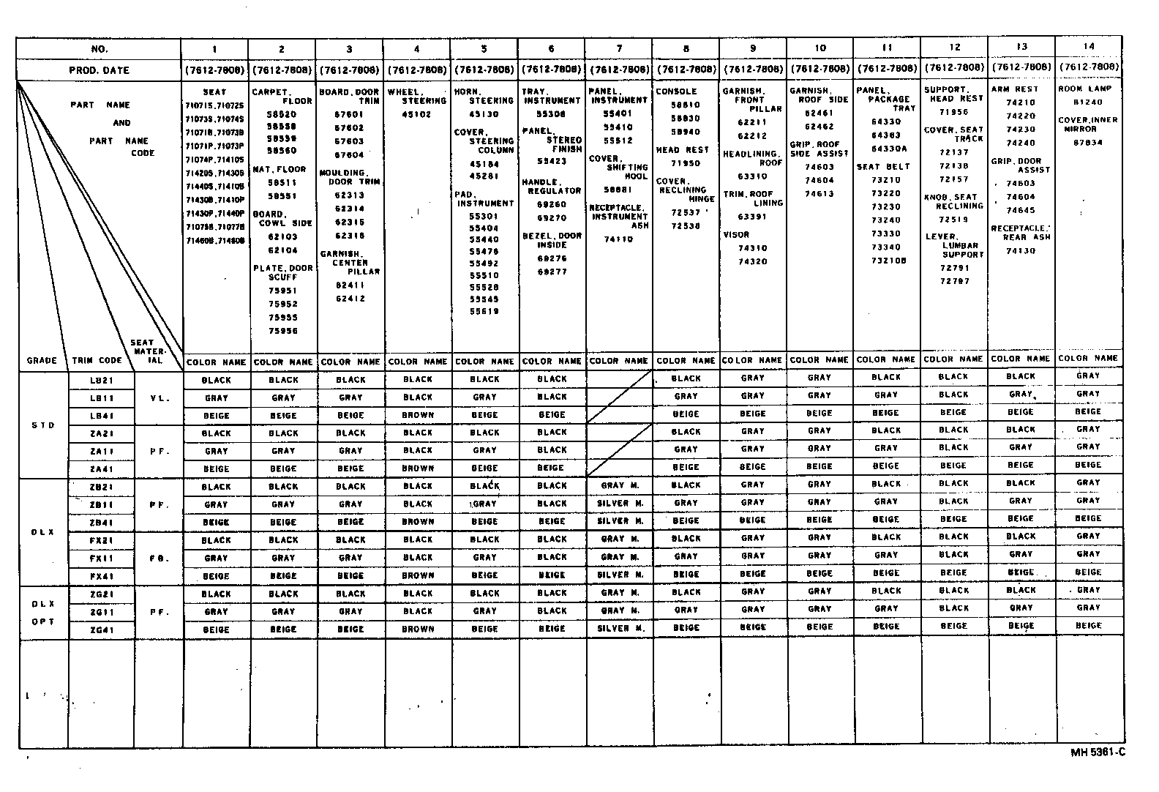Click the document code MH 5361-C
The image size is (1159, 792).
1097,752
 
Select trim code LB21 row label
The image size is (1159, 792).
101,381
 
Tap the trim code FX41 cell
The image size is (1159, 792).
101,576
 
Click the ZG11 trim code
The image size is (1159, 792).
101,612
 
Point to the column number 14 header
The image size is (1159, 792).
1089,46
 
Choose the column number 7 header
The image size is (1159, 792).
619,48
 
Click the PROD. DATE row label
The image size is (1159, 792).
99,70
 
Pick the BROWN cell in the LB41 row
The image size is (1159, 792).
418,415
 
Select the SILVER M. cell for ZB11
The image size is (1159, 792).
620,503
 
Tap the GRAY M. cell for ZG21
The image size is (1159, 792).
620,592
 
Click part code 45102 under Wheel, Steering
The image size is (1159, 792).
418,114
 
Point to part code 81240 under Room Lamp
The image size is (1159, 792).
1087,102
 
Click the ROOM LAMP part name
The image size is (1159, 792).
1085,89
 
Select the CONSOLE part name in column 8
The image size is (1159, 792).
676,91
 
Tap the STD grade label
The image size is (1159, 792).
43,425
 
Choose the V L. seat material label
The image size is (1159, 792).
160,398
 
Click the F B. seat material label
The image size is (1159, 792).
160,558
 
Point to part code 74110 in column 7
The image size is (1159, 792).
618,239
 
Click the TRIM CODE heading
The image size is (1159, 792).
97,361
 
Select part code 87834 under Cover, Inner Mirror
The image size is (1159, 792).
1087,143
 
